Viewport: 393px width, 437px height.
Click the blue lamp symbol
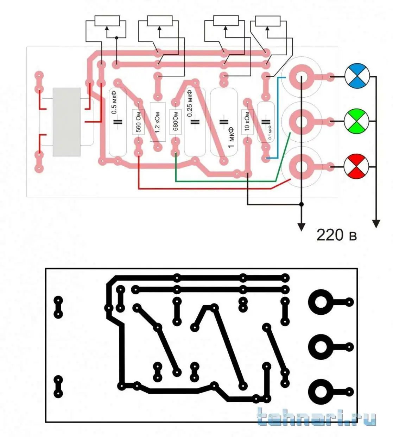pos(357,76)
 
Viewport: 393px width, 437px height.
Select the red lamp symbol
pos(356,167)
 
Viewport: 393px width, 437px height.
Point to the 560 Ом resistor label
pos(139,122)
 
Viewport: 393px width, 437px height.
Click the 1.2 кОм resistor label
pos(158,122)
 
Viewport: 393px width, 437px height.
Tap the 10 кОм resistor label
pos(247,121)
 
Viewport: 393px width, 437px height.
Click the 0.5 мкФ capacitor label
pos(114,103)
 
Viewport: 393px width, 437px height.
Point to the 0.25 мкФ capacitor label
pos(190,103)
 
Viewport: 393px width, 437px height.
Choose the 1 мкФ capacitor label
pos(231,137)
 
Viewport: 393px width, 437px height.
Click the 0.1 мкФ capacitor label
pos(270,132)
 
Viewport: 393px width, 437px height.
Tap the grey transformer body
pos(66,122)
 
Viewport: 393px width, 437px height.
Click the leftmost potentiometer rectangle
pos(107,21)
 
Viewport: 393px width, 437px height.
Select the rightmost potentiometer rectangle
pos(267,21)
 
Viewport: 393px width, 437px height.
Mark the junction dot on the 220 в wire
pos(301,204)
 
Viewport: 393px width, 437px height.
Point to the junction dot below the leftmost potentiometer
pos(116,38)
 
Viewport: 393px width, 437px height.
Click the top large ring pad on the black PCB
pos(321,302)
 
